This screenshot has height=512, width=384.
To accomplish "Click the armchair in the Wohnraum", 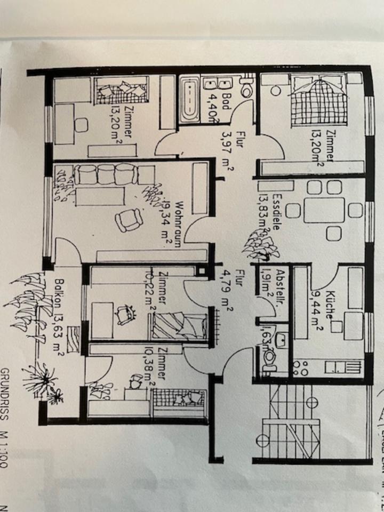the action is [130, 220].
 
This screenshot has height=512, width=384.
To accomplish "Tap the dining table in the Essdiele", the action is [324, 209].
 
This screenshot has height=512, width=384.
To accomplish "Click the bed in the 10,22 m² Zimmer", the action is [179, 326].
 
